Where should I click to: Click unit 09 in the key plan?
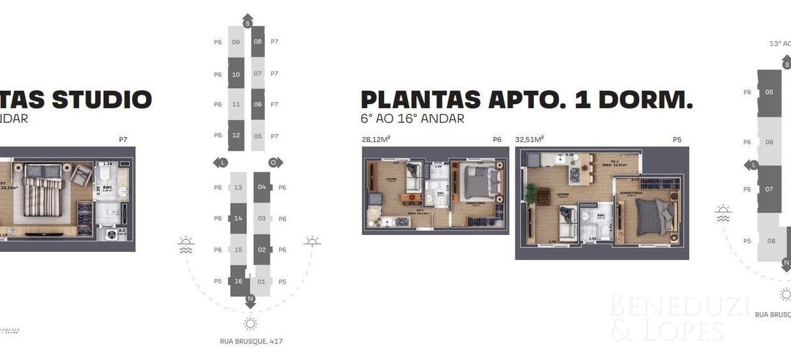[236, 42]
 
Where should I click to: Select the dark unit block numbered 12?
[236, 135]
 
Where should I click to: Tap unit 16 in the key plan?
[238, 281]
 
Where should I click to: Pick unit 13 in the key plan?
[238, 188]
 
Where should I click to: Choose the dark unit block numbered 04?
[262, 188]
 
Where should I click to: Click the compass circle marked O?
[272, 163]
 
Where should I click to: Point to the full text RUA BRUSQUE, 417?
[251, 341]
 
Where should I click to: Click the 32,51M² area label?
[529, 139]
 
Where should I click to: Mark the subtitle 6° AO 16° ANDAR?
[412, 119]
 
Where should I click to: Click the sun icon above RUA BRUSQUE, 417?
[250, 323]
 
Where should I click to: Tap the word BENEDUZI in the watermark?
[678, 307]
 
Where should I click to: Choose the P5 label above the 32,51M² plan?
[677, 139]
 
